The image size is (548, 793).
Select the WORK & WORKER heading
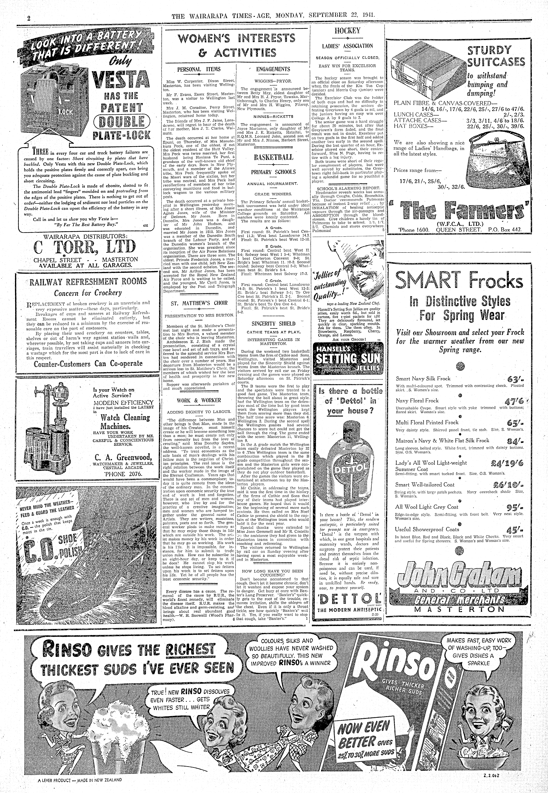point(199,400)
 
